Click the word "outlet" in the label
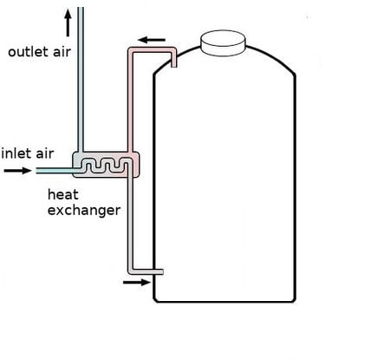tap(28, 52)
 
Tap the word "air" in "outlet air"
tap(62, 52)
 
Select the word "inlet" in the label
tap(16, 154)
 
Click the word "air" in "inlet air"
tap(45, 154)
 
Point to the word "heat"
tap(63, 194)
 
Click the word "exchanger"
tap(84, 211)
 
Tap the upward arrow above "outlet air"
tap(68, 23)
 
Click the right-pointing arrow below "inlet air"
tap(17, 171)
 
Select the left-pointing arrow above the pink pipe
tap(152, 40)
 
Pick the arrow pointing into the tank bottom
tap(137, 282)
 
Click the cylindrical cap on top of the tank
tap(223, 43)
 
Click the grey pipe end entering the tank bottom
tap(158, 272)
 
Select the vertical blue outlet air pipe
tap(81, 79)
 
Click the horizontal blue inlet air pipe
tap(55, 171)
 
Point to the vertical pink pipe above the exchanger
tap(130, 102)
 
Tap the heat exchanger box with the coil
tap(106, 164)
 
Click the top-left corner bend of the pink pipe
tap(131, 50)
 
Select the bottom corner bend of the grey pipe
tap(131, 272)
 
